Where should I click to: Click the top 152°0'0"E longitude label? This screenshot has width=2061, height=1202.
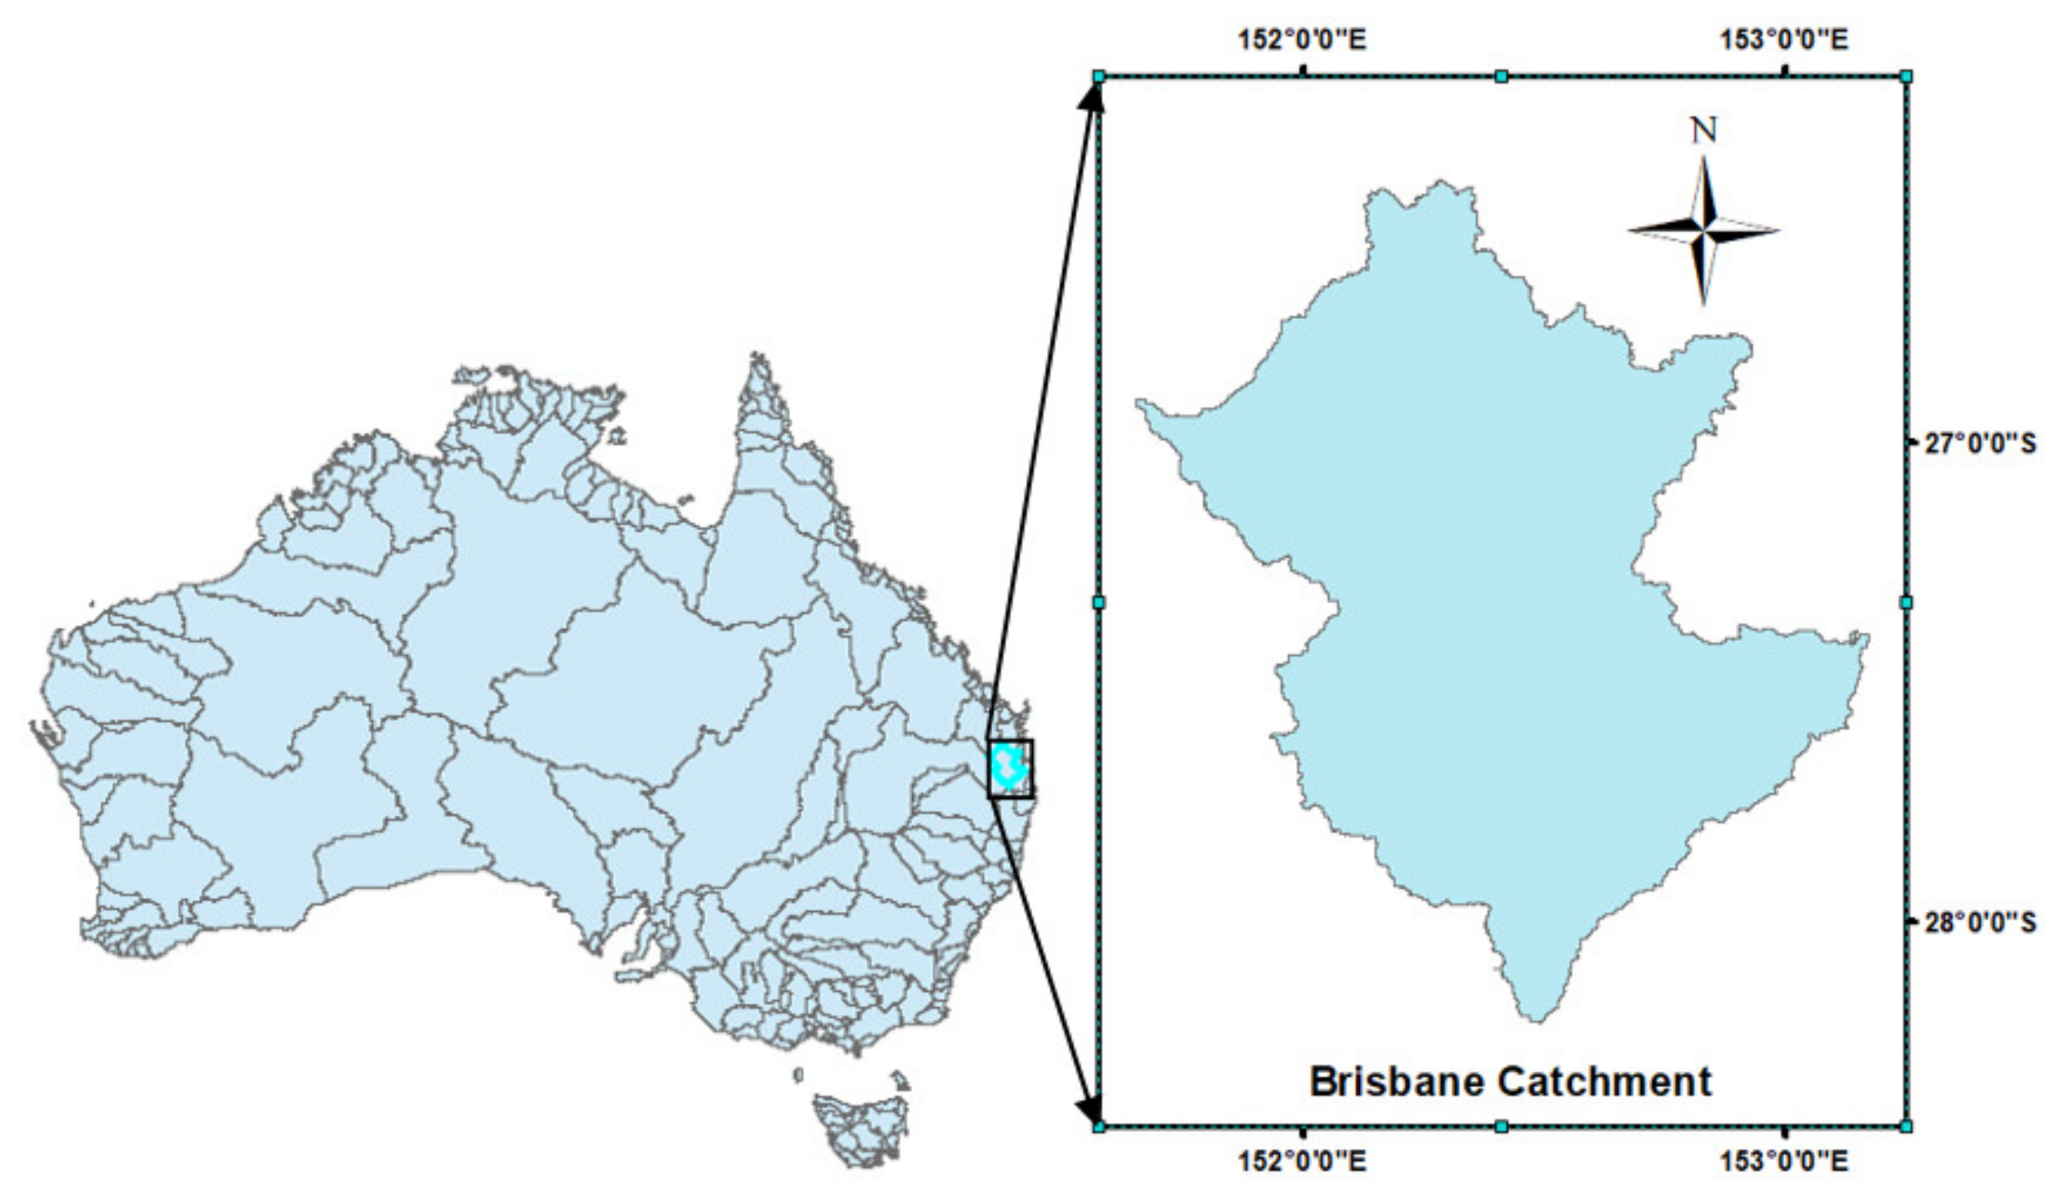coord(1302,39)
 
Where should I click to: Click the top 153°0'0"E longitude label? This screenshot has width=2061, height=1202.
coord(1784,39)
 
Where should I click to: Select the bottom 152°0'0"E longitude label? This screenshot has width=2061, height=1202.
coord(1302,1160)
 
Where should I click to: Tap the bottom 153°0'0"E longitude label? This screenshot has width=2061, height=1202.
coord(1784,1160)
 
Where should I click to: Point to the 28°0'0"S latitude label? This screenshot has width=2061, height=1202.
coord(1980,922)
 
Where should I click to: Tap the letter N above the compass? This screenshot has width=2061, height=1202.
coord(1703,131)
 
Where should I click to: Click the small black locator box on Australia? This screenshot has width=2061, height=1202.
coord(1011,769)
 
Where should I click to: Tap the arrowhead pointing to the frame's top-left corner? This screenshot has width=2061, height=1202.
coord(1092,96)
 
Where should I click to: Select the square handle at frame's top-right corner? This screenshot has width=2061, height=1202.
coord(1906,76)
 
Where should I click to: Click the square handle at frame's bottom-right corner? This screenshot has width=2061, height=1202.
coord(1906,1126)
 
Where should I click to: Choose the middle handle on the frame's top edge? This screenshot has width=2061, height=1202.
coord(1501,76)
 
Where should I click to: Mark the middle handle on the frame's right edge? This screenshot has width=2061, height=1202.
coord(1906,602)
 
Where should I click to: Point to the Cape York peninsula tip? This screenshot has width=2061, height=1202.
coord(759,357)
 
